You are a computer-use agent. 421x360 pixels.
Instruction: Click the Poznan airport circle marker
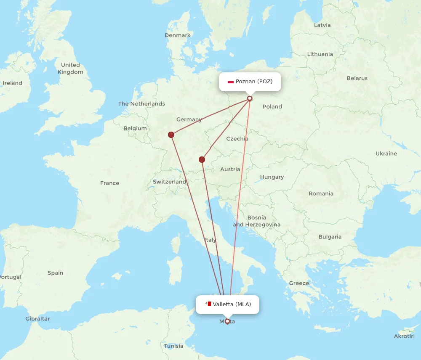[250, 98]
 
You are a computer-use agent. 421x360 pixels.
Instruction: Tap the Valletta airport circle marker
[227, 321]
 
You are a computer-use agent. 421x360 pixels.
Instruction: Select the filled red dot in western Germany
[171, 135]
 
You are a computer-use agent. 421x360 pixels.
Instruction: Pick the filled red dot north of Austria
[202, 159]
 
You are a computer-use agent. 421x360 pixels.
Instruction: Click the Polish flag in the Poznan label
[230, 82]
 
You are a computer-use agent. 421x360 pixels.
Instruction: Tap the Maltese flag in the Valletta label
[208, 304]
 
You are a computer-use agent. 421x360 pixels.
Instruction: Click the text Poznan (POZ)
[254, 81]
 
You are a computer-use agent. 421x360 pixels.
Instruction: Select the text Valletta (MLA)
[232, 304]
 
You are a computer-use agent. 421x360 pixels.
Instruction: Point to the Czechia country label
[237, 139]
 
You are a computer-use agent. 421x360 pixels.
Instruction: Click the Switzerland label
[169, 182]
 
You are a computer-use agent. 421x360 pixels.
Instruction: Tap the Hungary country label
[272, 177]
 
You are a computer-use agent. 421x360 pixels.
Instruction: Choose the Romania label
[321, 193]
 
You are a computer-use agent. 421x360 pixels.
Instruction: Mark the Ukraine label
[386, 154]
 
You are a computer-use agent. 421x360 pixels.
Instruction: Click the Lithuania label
[320, 54]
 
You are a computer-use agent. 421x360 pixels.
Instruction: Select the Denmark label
[178, 35]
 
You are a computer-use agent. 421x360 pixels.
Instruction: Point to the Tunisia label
[174, 346]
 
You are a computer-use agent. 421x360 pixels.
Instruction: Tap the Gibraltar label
[37, 319]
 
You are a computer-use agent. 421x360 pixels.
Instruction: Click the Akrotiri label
[404, 336]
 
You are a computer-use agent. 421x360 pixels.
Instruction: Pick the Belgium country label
[135, 128]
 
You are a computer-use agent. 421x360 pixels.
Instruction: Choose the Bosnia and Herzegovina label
[257, 221]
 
